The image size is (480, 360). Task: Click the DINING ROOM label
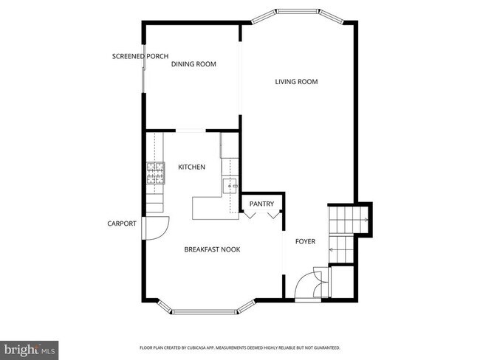193,64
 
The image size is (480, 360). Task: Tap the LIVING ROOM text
296,82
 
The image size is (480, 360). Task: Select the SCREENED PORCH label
140,56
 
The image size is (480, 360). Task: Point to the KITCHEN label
191,167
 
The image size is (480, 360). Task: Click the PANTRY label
261,204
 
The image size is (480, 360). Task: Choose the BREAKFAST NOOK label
212,249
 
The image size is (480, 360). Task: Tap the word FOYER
306,241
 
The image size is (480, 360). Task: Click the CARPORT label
122,224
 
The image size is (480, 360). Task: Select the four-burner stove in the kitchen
155,173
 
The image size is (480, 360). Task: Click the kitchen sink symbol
230,184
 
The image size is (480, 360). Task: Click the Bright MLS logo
30,347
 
